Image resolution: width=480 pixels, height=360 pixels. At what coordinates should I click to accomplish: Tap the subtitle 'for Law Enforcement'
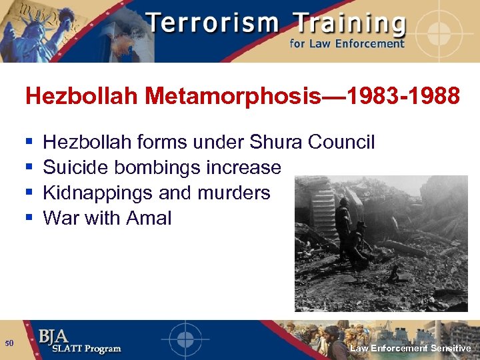click(x=346, y=44)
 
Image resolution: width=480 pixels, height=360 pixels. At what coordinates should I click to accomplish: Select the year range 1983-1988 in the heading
click(x=393, y=97)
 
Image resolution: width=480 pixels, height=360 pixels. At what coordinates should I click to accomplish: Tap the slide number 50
click(x=9, y=343)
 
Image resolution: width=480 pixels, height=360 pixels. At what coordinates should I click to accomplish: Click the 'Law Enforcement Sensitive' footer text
click(x=411, y=349)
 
